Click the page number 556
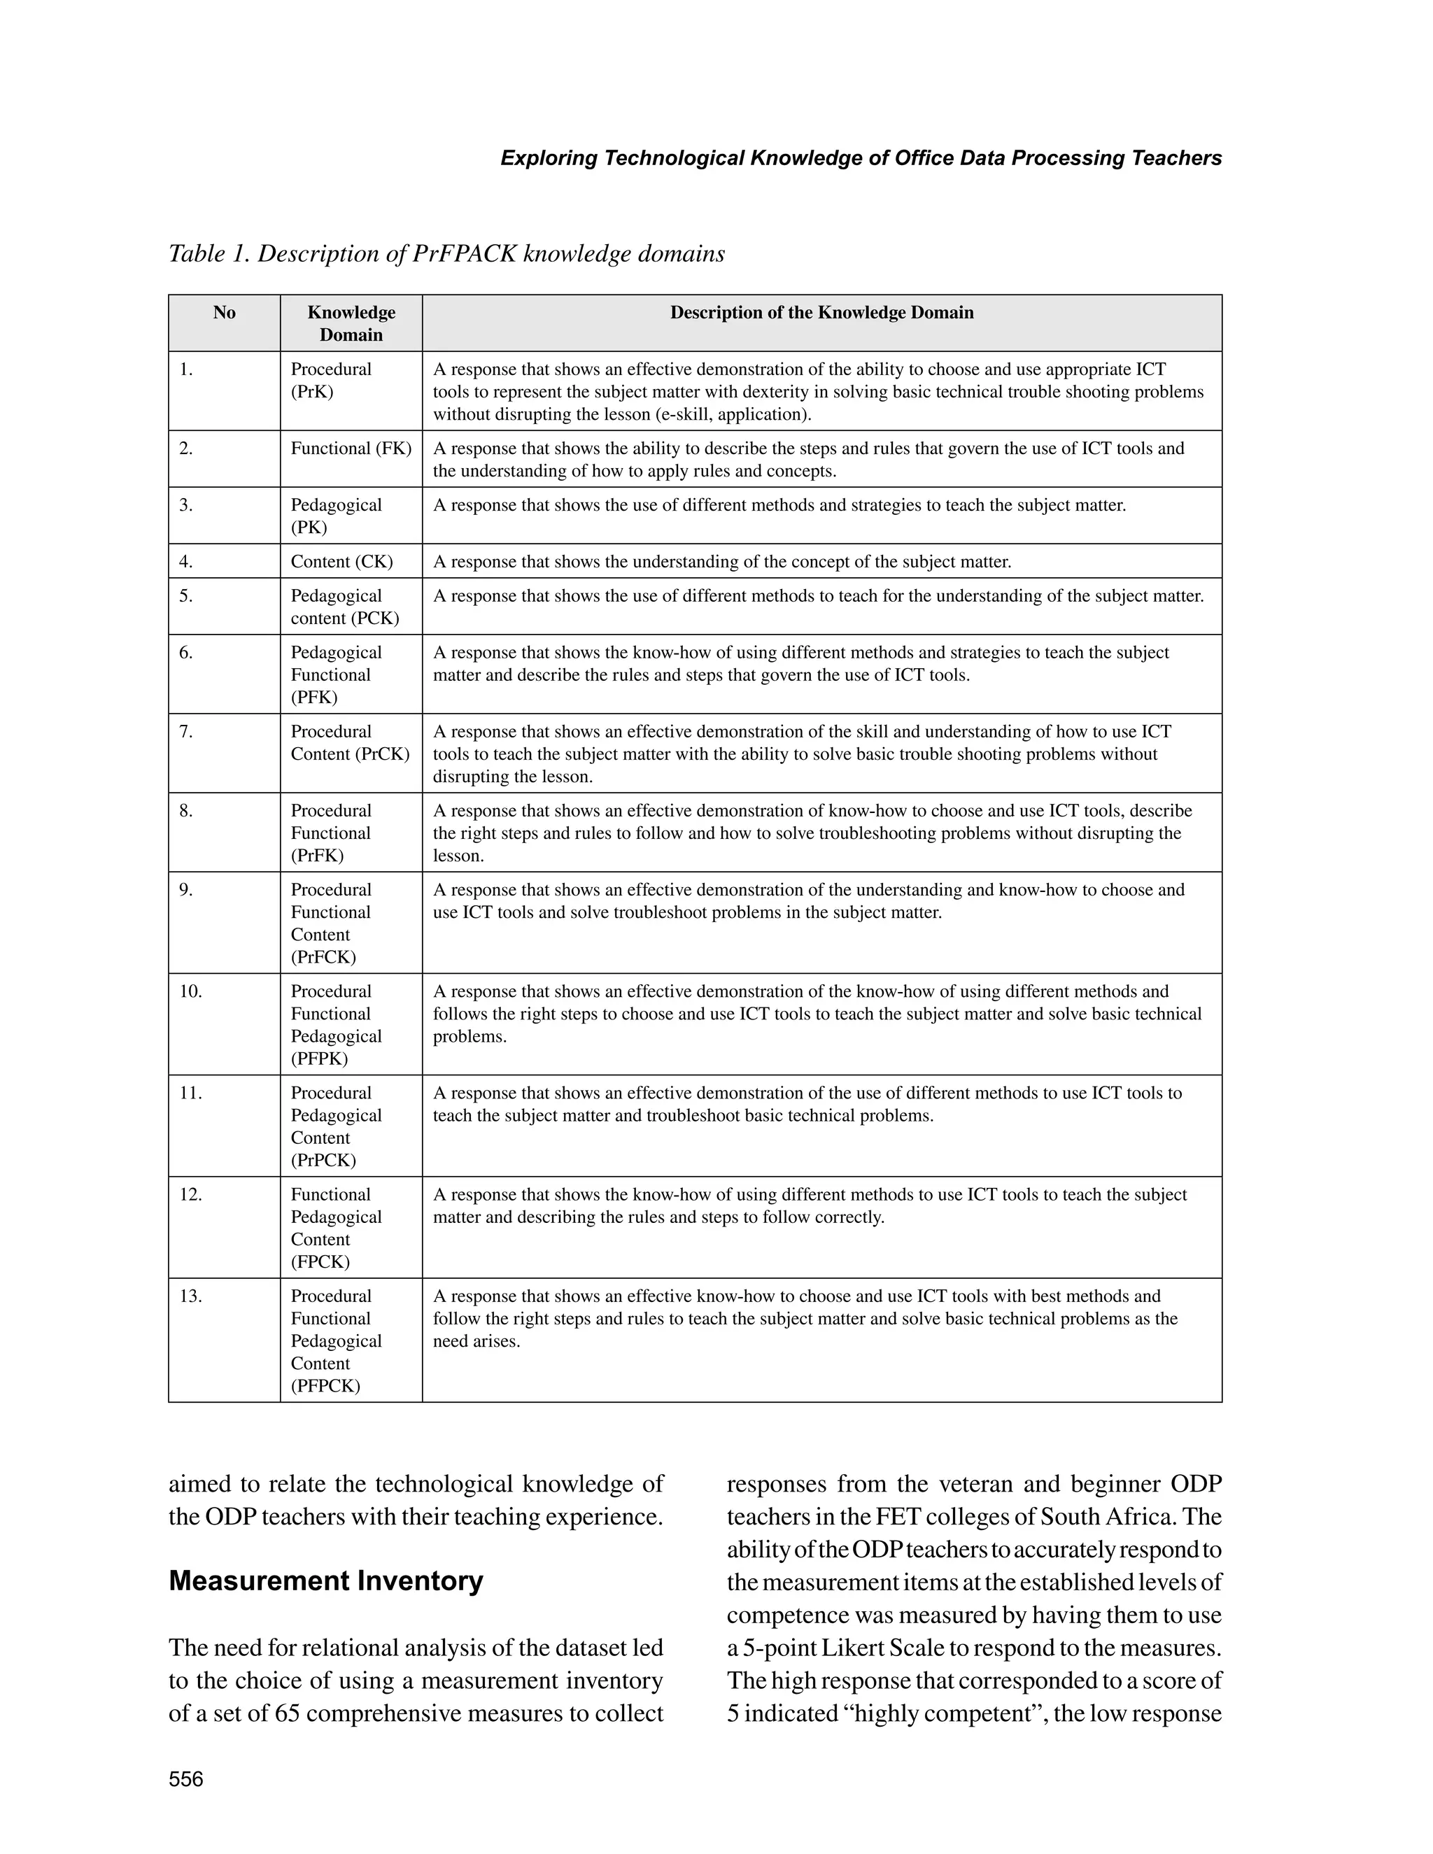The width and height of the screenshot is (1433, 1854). (x=186, y=1779)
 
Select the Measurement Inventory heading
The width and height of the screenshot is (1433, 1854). (x=325, y=1580)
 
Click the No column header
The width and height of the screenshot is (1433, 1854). (x=224, y=313)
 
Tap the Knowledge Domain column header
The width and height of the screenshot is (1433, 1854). (x=351, y=323)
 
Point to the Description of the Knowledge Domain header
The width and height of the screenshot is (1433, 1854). (x=821, y=313)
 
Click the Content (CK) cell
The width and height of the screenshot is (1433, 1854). (x=341, y=562)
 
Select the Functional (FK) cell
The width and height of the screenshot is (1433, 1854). (x=351, y=448)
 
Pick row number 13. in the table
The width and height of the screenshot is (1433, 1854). (x=190, y=1296)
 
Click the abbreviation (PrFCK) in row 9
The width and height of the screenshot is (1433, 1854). (x=323, y=958)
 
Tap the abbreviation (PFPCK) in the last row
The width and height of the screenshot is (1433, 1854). (x=325, y=1386)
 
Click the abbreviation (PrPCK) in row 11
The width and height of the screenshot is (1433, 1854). (x=323, y=1161)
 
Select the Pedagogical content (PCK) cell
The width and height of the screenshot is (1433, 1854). (x=345, y=607)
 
